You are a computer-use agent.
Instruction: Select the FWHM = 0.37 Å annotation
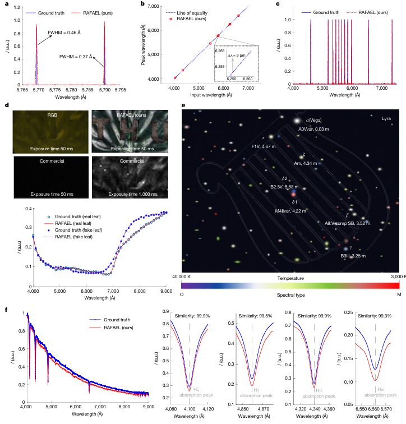click(x=75, y=57)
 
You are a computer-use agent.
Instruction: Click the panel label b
click(x=142, y=4)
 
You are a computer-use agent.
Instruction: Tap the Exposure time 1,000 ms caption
click(x=138, y=194)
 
